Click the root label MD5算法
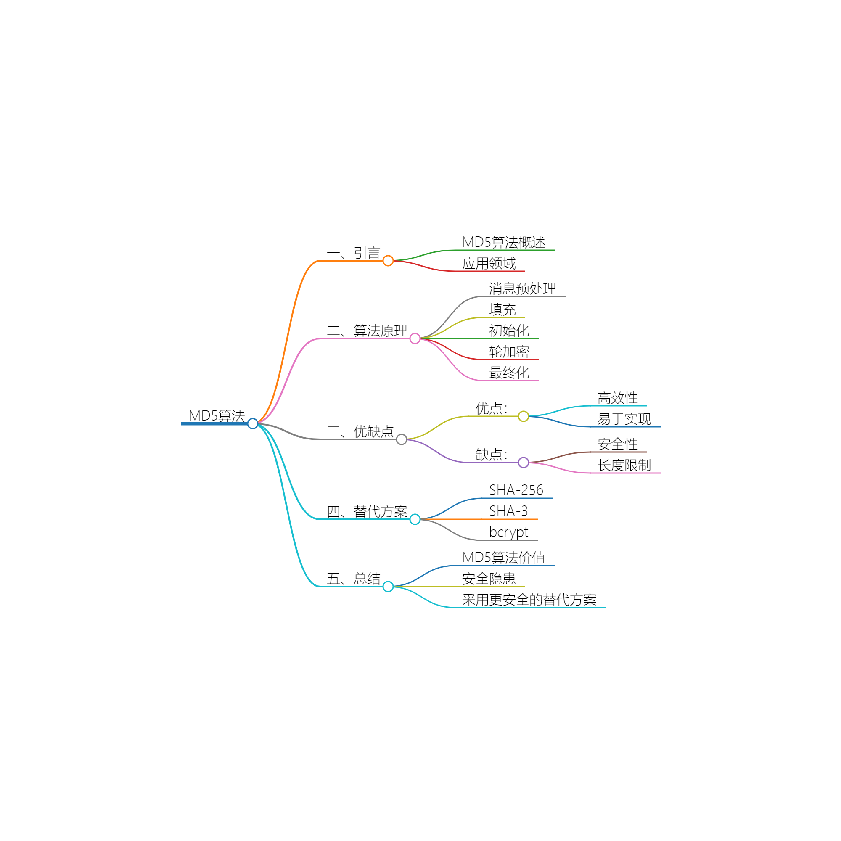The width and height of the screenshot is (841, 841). pyautogui.click(x=217, y=416)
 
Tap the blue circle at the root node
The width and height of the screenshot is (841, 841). pyautogui.click(x=252, y=423)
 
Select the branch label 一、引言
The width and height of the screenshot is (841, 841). pyautogui.click(x=354, y=253)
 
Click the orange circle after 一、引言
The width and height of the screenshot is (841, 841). pyautogui.click(x=388, y=261)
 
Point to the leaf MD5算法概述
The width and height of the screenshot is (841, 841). pyautogui.click(x=504, y=243)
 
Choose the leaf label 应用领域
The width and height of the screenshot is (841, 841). pyautogui.click(x=489, y=263)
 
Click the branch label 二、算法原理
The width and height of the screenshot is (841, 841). pyautogui.click(x=367, y=331)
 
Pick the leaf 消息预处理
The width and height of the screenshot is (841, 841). pyautogui.click(x=522, y=288)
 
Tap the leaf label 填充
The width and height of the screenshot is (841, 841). pyautogui.click(x=502, y=309)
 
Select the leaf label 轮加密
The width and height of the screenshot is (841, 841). pyautogui.click(x=509, y=352)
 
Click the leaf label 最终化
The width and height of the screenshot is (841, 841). pyautogui.click(x=509, y=373)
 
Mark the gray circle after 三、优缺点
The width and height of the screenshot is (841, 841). pyautogui.click(x=401, y=440)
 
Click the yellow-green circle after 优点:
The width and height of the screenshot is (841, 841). pyautogui.click(x=523, y=416)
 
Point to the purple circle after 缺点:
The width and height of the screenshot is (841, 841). pyautogui.click(x=523, y=462)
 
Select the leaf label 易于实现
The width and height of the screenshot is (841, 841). pyautogui.click(x=624, y=419)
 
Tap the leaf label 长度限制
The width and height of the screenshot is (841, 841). pyautogui.click(x=624, y=465)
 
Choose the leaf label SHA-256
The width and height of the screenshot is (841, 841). pyautogui.click(x=516, y=490)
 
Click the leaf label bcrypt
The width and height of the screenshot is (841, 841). pyautogui.click(x=508, y=532)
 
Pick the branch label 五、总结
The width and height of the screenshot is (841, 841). pyautogui.click(x=354, y=579)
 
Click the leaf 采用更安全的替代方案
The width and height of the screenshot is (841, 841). pyautogui.click(x=529, y=600)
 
